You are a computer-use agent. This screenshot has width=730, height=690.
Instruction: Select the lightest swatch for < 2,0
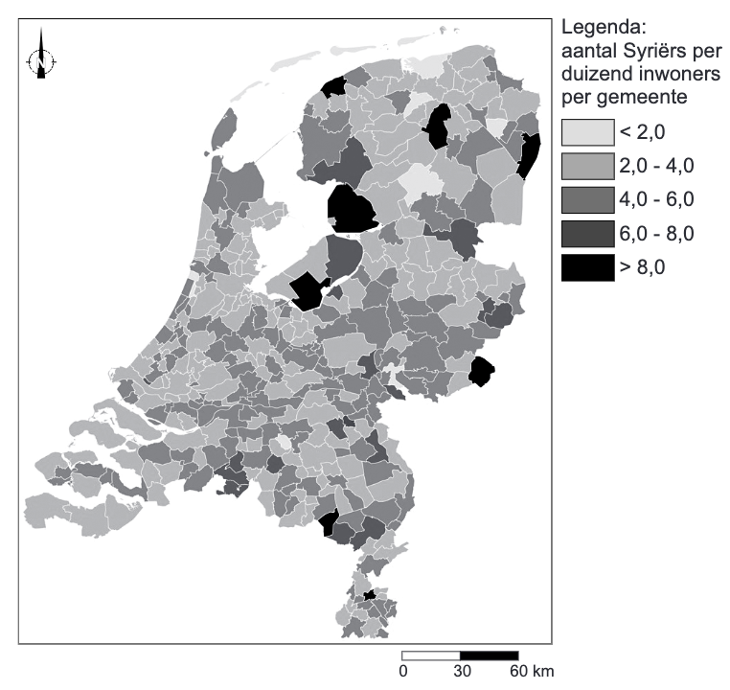tap(587, 132)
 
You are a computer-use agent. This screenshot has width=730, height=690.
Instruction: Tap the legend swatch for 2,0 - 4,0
tap(587, 166)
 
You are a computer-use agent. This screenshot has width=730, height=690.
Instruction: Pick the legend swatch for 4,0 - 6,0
tap(587, 199)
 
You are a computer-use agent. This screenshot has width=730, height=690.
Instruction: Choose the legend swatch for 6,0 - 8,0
tap(587, 233)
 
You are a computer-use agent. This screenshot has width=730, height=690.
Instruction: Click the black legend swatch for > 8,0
tap(587, 266)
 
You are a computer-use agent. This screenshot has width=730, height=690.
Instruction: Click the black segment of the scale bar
tap(490, 655)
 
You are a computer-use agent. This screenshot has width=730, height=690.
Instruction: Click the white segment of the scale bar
tap(431, 655)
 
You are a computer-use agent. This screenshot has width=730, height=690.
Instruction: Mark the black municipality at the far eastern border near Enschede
tap(482, 369)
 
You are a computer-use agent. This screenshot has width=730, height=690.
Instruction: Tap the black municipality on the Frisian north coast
tap(333, 88)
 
